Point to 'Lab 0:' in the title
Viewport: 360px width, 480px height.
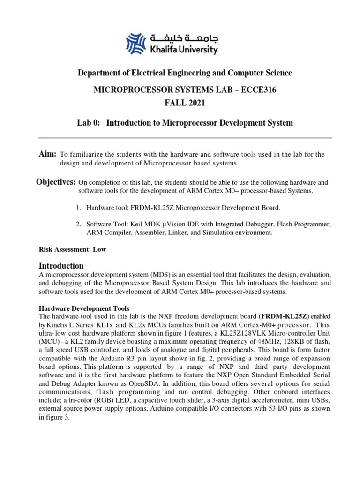(x=88, y=123)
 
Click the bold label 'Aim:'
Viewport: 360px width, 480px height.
(x=47, y=154)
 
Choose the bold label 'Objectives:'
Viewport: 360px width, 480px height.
(x=56, y=182)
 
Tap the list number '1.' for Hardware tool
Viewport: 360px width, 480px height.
(x=79, y=207)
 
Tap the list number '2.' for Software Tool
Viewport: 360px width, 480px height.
(x=79, y=224)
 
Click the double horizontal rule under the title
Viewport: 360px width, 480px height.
(x=185, y=139)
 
